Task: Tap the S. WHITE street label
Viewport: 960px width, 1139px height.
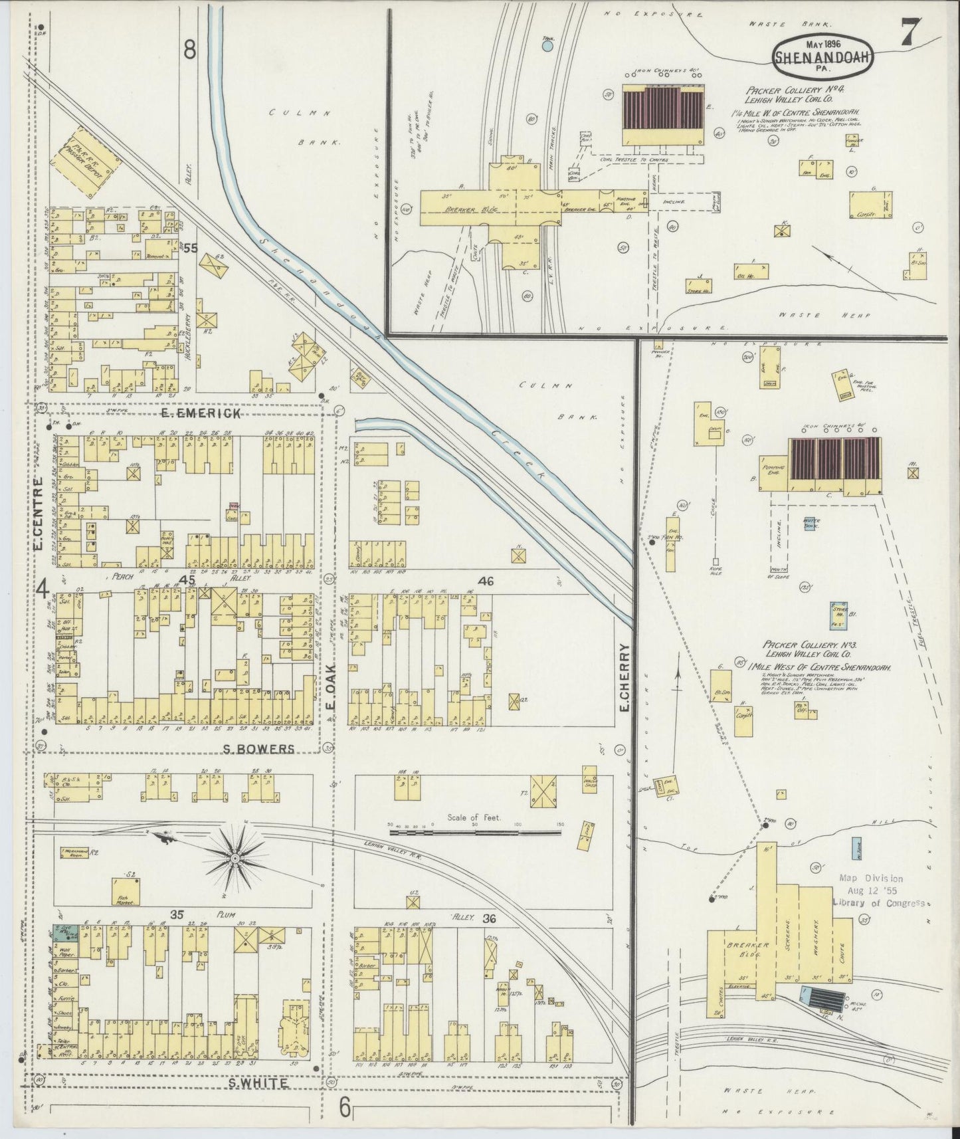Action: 258,1083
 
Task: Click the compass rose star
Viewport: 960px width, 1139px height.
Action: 234,859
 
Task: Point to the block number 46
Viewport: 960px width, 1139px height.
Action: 486,581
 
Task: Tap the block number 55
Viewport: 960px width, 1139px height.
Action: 191,248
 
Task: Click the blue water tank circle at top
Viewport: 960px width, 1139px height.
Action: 548,47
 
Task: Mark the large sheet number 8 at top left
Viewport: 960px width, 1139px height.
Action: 191,50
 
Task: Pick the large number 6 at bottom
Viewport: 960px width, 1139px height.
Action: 345,1108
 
